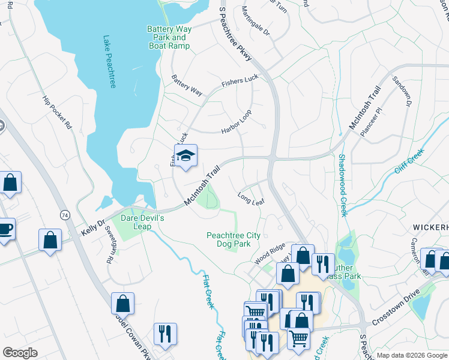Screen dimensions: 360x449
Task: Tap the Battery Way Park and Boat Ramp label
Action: coord(169,37)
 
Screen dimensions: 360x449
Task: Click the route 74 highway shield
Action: coord(64,214)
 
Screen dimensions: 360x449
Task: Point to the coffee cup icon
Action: coord(5,229)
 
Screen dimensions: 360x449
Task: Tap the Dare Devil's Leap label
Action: coord(141,222)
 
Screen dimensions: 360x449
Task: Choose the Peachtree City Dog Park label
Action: coord(234,241)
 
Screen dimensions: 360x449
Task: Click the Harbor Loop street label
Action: coord(236,122)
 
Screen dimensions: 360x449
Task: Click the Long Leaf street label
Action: coord(251,199)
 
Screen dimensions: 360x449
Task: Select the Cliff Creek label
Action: coord(409,161)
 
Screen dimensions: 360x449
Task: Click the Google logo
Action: coord(20,353)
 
